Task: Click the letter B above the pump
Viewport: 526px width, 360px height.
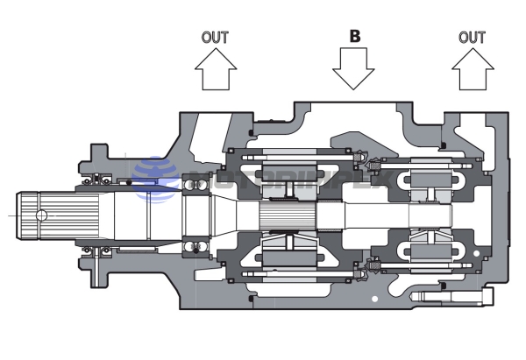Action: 355,37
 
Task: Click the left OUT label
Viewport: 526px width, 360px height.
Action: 215,37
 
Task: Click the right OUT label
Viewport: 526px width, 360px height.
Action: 472,37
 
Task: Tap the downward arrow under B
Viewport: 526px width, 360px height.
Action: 354,69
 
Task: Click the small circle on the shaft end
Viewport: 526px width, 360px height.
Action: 40,214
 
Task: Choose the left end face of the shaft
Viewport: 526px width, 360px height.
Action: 22,214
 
